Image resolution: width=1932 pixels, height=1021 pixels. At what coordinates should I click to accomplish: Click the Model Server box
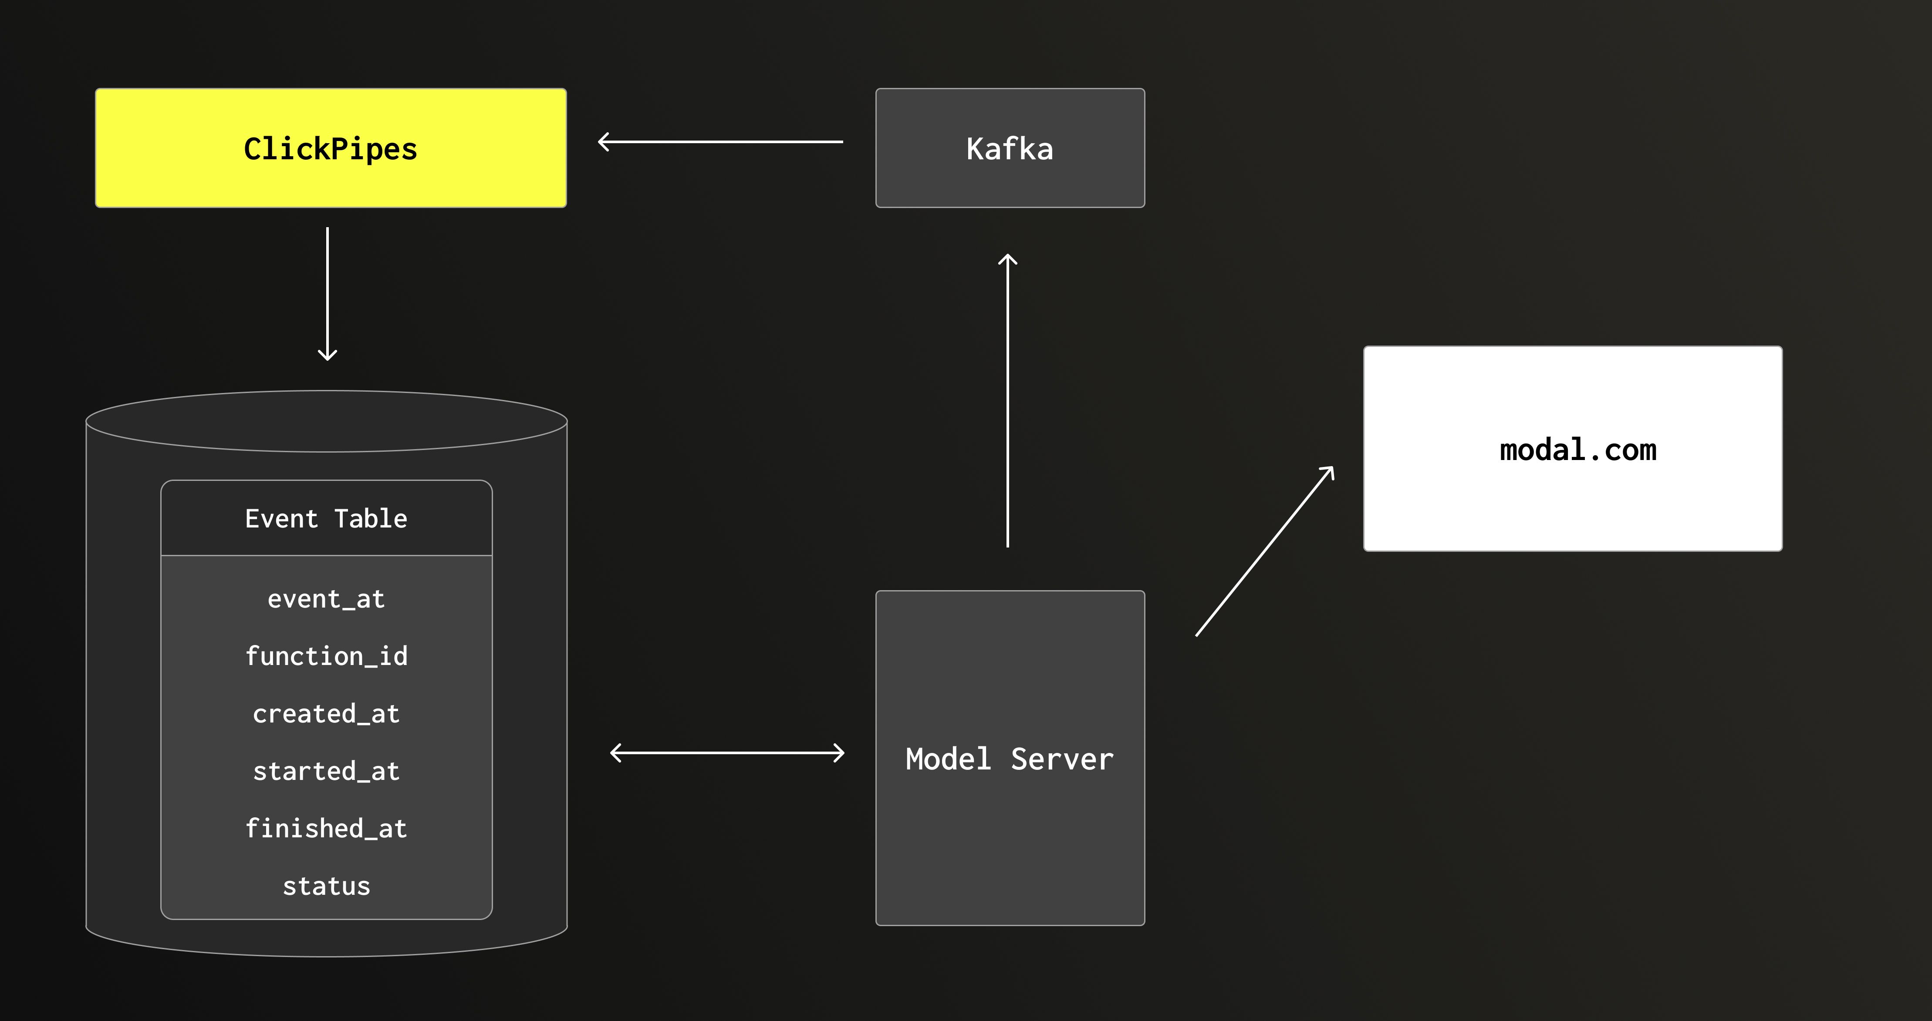coord(1010,758)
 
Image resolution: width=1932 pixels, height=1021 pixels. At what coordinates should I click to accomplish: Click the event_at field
coord(326,599)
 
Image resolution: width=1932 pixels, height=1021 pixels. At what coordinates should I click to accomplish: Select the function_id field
coord(326,656)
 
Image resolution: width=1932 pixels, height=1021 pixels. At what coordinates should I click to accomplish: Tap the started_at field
coord(326,771)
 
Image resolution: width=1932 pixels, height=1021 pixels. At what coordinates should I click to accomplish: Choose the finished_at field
coord(326,828)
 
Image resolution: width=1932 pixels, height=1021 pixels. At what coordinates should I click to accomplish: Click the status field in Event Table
coord(326,886)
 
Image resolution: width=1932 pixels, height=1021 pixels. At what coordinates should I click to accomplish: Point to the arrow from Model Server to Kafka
coord(1007,401)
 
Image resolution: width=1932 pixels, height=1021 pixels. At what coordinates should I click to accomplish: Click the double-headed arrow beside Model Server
coord(727,752)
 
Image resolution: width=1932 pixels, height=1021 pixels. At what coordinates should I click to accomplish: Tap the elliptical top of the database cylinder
coord(326,420)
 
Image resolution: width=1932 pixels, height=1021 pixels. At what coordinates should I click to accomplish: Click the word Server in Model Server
coord(1062,759)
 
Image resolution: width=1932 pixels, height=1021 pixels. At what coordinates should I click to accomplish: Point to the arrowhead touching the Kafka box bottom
coord(1007,259)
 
